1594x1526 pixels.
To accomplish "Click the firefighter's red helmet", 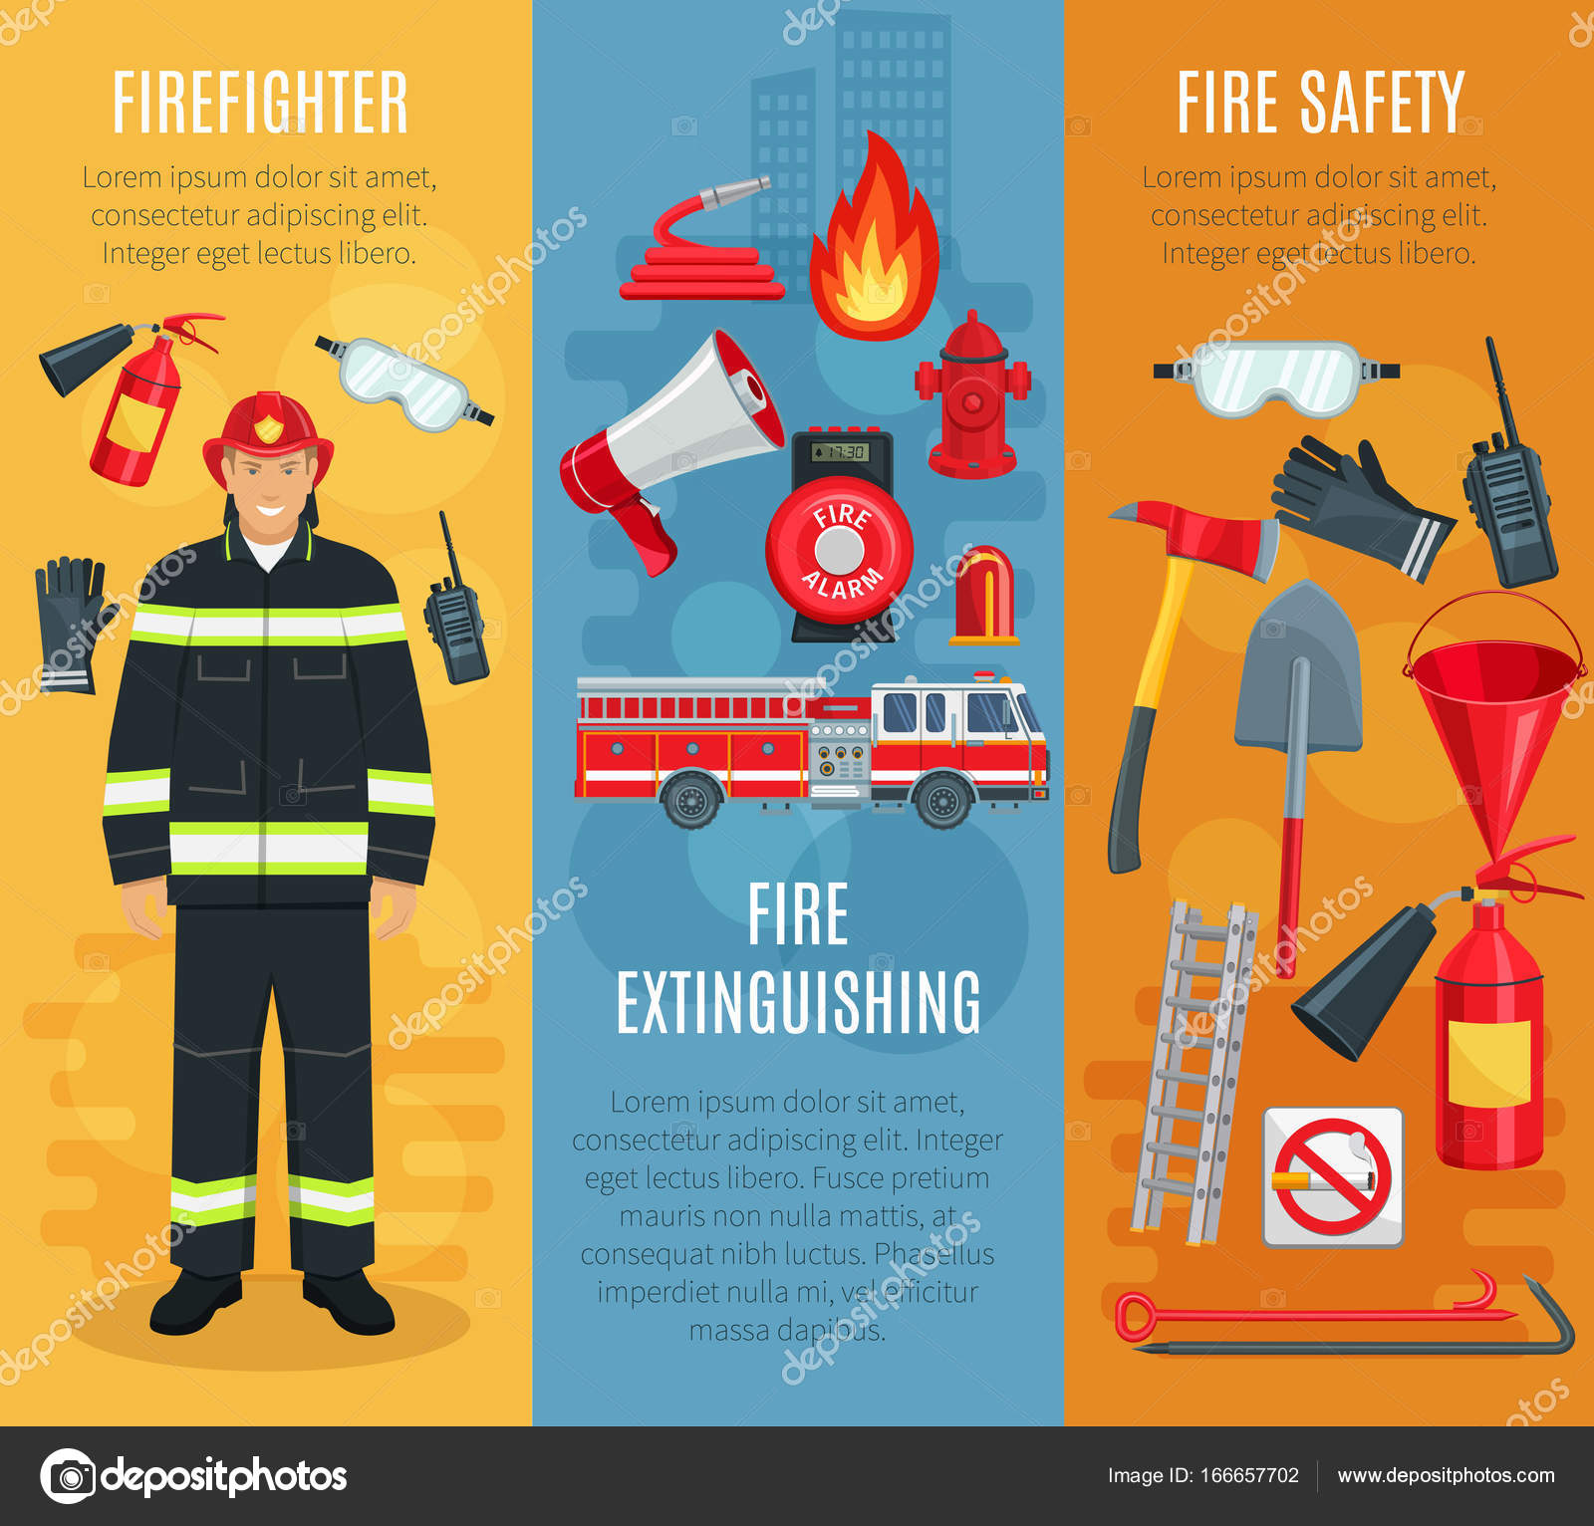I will [x=267, y=429].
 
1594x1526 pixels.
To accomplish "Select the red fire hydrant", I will [x=971, y=399].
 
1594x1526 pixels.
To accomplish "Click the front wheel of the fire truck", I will [x=941, y=799].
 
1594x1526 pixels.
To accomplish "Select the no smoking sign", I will [x=1332, y=1176].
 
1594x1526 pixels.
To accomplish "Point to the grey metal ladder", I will [x=1195, y=1072].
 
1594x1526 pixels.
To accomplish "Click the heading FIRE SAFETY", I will [x=1320, y=103].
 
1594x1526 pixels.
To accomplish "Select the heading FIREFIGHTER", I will [x=260, y=103].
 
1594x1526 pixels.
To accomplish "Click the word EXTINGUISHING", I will [x=798, y=1002].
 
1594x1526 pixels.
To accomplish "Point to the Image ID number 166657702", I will [x=1250, y=1475].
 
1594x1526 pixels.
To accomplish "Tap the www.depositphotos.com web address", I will [x=1446, y=1475].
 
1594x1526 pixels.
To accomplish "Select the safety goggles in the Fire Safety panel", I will [x=1277, y=378].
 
